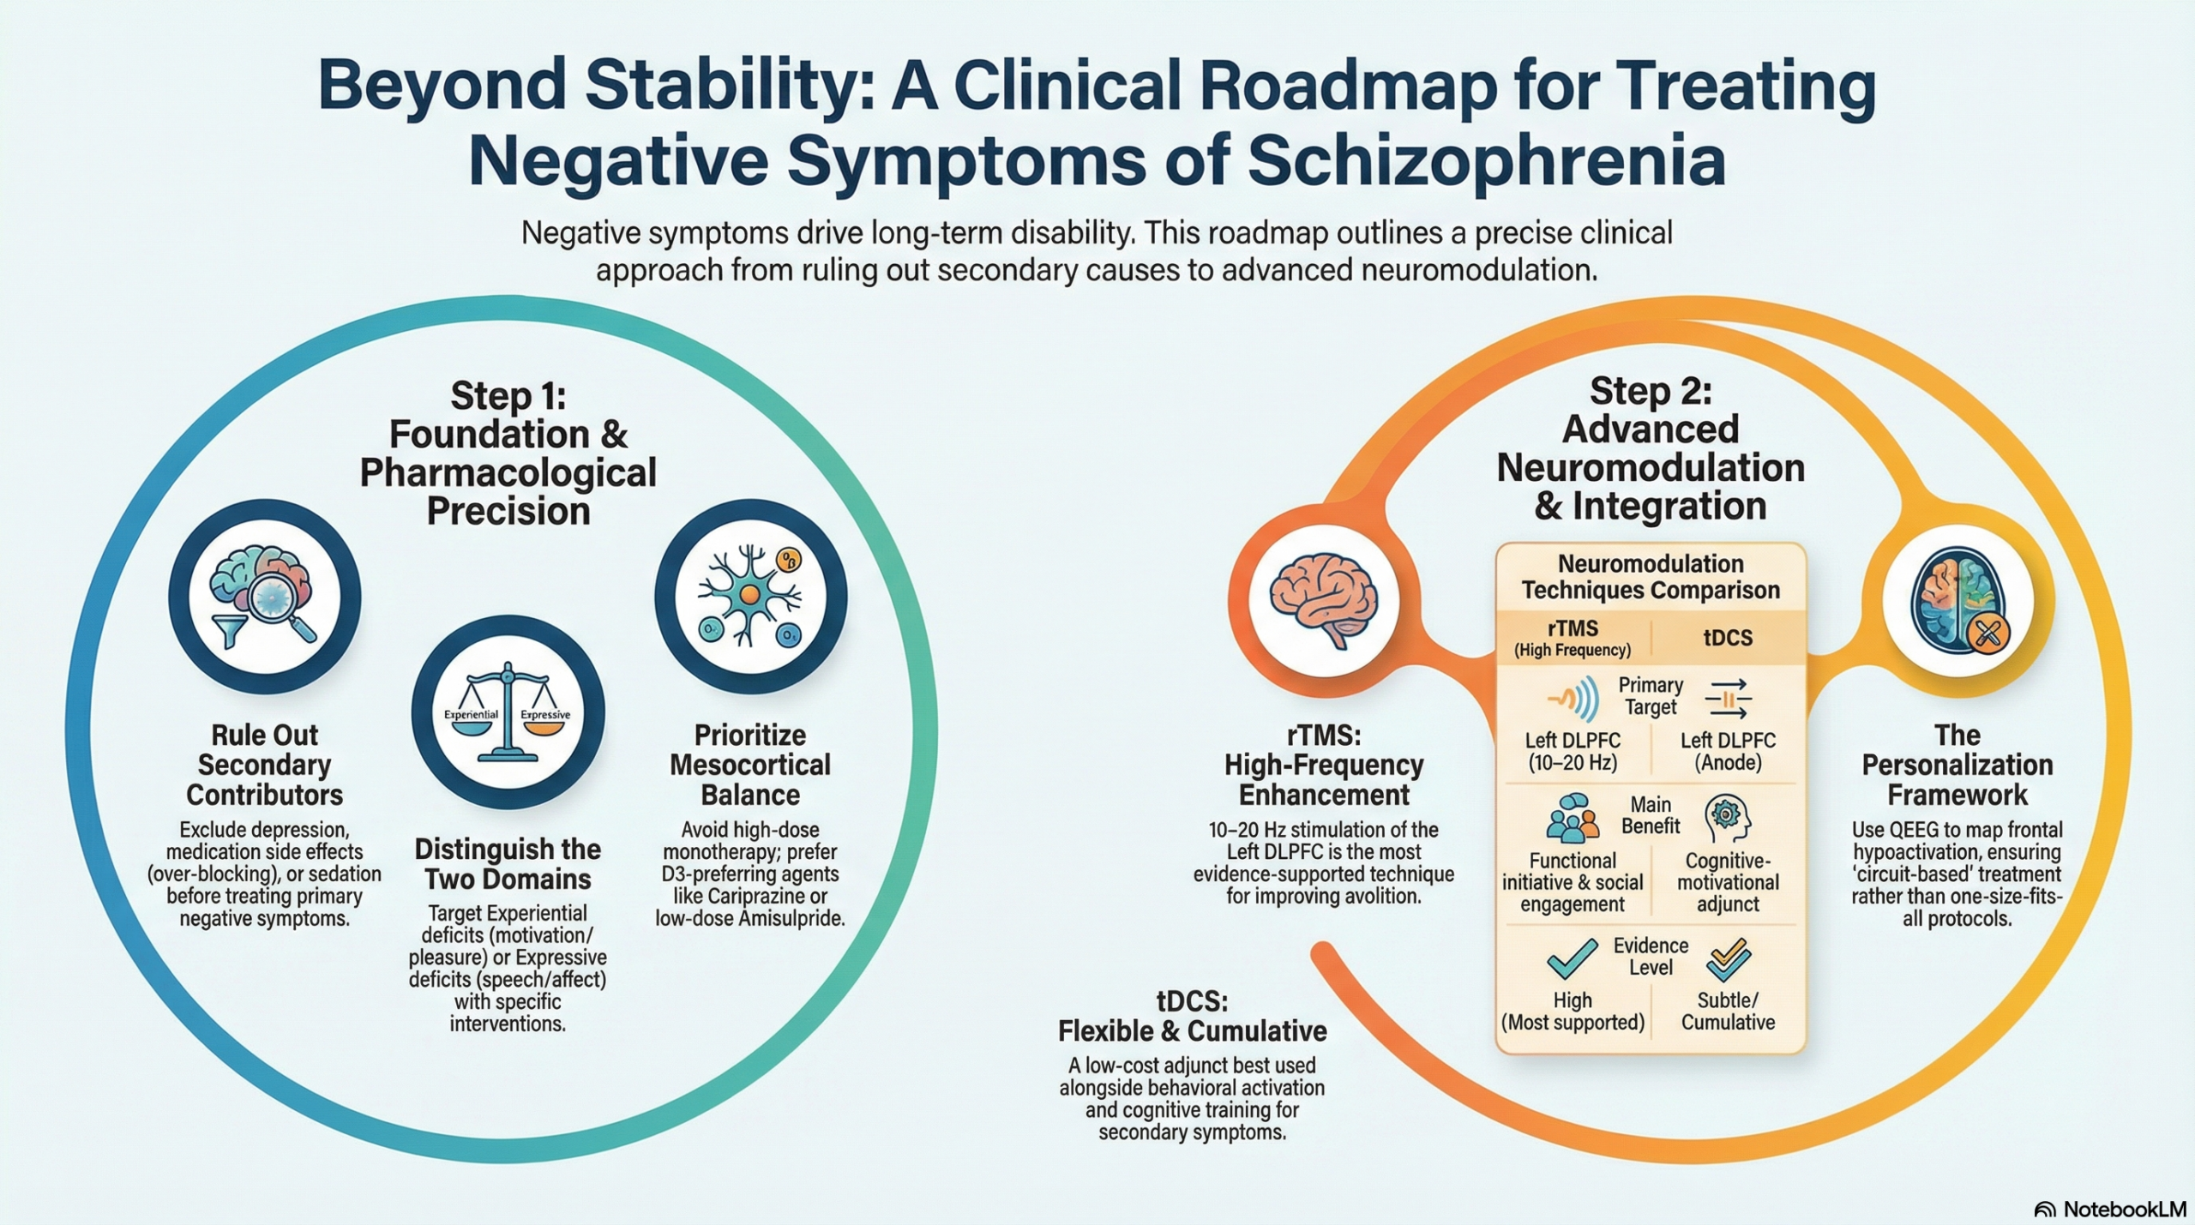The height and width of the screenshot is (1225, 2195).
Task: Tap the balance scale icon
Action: tap(508, 713)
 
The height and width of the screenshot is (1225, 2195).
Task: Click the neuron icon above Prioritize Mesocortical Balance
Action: tap(750, 597)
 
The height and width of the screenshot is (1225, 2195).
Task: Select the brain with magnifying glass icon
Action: tap(264, 597)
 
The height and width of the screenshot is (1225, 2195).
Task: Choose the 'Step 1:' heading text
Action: tap(508, 396)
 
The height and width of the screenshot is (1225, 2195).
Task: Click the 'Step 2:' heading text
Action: tap(1651, 391)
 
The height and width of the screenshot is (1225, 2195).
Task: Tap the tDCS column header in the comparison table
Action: tap(1727, 638)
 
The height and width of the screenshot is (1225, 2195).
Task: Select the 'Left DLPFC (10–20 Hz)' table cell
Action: tap(1573, 751)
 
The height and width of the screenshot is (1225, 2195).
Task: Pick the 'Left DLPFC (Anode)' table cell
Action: tap(1727, 751)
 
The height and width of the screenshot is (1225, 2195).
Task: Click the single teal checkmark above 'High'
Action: tap(1573, 958)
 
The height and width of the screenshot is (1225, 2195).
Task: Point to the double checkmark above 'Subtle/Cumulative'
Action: tap(1727, 958)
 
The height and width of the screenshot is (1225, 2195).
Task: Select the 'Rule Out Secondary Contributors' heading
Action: tap(264, 765)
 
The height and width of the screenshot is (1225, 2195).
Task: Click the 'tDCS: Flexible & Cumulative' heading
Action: tap(1192, 1016)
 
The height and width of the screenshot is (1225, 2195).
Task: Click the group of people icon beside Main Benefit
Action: tap(1573, 817)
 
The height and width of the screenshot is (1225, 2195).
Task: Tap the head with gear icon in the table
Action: tap(1727, 817)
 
